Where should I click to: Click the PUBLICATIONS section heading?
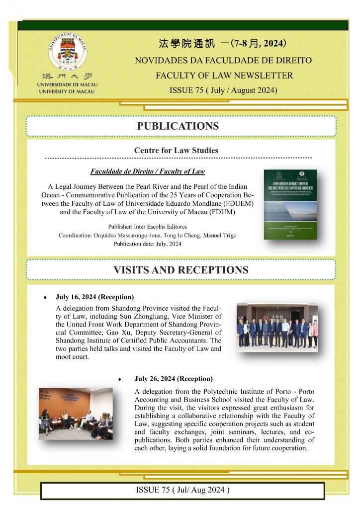point(178,126)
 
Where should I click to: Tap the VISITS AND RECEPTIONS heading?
point(180,270)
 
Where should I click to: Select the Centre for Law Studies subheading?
point(176,150)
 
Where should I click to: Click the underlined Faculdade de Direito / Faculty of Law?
point(148,171)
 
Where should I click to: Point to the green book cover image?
point(290,204)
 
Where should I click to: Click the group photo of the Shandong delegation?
point(277,328)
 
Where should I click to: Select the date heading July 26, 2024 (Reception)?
point(174,379)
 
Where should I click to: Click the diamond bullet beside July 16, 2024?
point(46,298)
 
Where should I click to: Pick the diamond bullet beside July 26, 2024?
point(120,379)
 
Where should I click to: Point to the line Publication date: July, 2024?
point(147,244)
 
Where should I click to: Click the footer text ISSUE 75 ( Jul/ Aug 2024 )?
point(182,490)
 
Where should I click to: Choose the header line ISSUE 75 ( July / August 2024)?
point(223,90)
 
